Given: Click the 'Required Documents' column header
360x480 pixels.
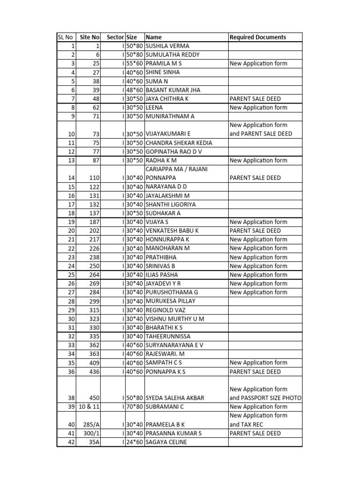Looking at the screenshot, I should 258,37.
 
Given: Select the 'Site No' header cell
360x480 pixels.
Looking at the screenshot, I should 90,37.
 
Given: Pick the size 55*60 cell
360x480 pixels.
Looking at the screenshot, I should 135,64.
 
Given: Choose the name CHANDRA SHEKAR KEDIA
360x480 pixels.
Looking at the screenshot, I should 179,143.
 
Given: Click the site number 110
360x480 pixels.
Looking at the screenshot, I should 94,178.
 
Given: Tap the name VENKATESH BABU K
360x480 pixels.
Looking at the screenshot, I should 172,231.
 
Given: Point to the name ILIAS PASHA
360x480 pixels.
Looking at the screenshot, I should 162,275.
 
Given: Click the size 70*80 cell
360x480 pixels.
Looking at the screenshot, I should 135,406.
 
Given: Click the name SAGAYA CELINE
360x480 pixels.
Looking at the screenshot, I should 166,442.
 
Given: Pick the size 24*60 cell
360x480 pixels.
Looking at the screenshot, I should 135,442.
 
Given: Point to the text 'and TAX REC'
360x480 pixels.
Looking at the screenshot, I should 246,424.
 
